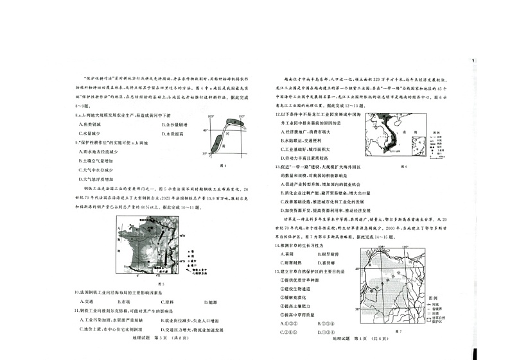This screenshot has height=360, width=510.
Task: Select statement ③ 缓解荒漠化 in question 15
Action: pos(297,297)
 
